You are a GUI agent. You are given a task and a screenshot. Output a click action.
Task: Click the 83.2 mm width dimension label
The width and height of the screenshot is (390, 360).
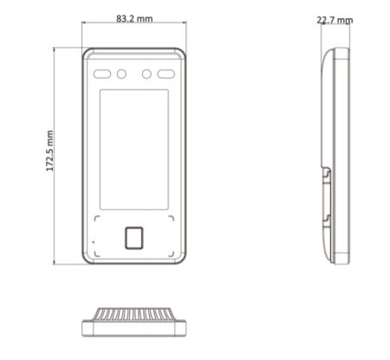point(134,19)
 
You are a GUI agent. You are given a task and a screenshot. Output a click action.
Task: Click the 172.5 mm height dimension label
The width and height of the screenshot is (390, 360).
point(49,151)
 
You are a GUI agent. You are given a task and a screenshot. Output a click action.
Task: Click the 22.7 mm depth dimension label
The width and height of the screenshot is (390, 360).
point(335,20)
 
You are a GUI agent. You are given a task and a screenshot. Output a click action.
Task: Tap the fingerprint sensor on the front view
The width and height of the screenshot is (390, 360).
point(134,238)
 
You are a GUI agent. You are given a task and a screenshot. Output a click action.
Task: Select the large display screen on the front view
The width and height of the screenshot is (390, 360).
point(134,149)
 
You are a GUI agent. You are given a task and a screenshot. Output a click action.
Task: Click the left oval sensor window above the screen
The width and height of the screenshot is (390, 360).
point(102,74)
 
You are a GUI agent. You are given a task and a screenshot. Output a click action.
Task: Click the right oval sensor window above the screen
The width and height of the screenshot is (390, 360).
point(166,74)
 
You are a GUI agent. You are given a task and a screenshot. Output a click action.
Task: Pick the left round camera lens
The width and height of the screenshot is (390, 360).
point(121,74)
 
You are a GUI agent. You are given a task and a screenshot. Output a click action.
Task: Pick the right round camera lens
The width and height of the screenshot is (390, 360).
point(146,74)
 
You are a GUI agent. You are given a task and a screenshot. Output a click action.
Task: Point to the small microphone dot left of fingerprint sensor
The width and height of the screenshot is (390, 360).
point(94,242)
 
